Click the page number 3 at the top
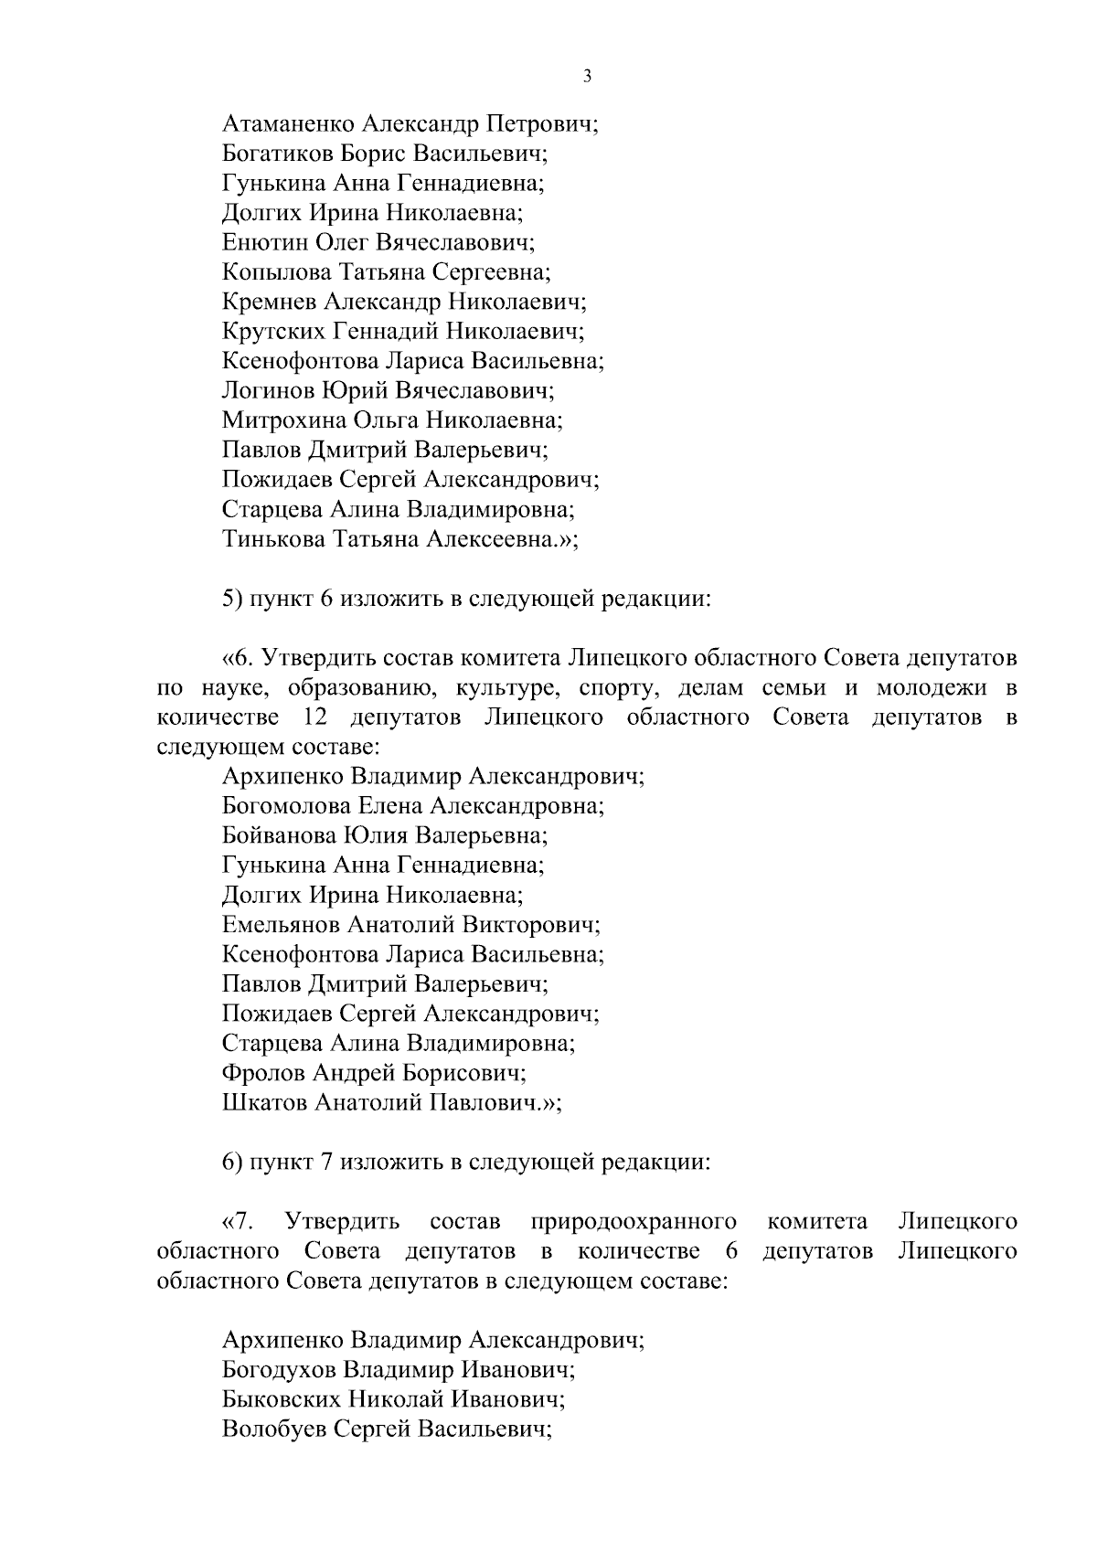pyautogui.click(x=587, y=77)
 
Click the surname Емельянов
pyautogui.click(x=281, y=925)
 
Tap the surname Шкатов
pyautogui.click(x=263, y=1102)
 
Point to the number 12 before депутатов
pyautogui.click(x=314, y=717)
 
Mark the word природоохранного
pyautogui.click(x=634, y=1221)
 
